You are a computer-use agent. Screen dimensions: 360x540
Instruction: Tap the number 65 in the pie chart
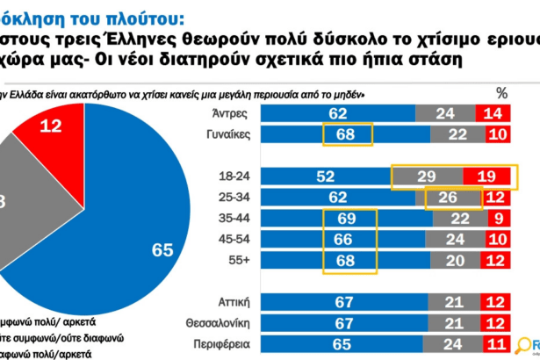(x=162, y=250)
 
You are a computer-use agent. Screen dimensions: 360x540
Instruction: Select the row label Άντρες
(x=234, y=113)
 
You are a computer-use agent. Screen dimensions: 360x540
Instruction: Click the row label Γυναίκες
(x=227, y=133)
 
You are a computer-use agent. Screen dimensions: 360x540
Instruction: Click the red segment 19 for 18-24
(x=488, y=176)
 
